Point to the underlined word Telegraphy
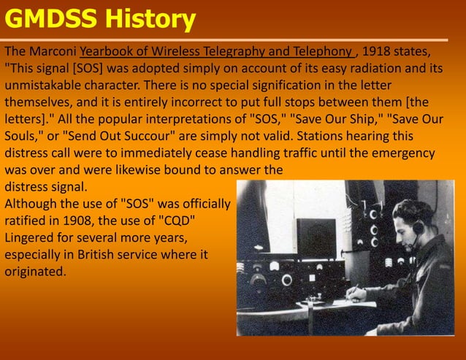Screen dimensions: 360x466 [247, 53]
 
